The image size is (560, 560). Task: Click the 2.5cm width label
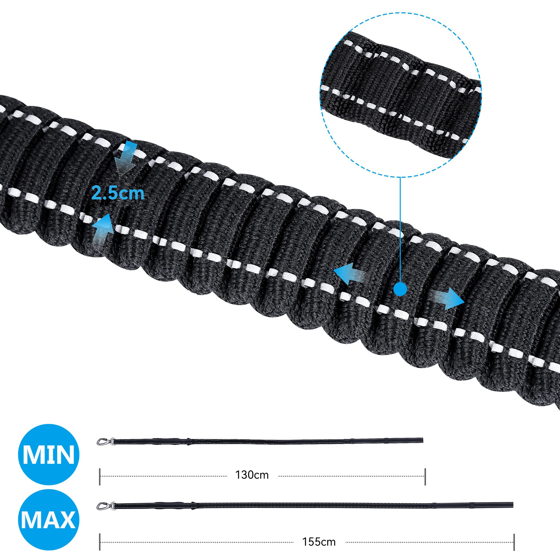coord(118,193)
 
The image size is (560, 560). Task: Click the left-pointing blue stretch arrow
coord(348,274)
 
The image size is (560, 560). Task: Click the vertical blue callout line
coord(400,228)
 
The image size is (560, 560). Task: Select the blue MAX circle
coord(49,520)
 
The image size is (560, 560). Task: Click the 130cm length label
coord(252,475)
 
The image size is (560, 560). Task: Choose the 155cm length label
coord(319,542)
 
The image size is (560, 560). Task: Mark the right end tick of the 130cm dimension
coord(425,477)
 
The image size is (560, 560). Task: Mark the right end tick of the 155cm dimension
coord(514,542)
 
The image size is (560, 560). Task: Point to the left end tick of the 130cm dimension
coord(100,477)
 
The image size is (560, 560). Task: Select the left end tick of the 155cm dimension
coord(100,542)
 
